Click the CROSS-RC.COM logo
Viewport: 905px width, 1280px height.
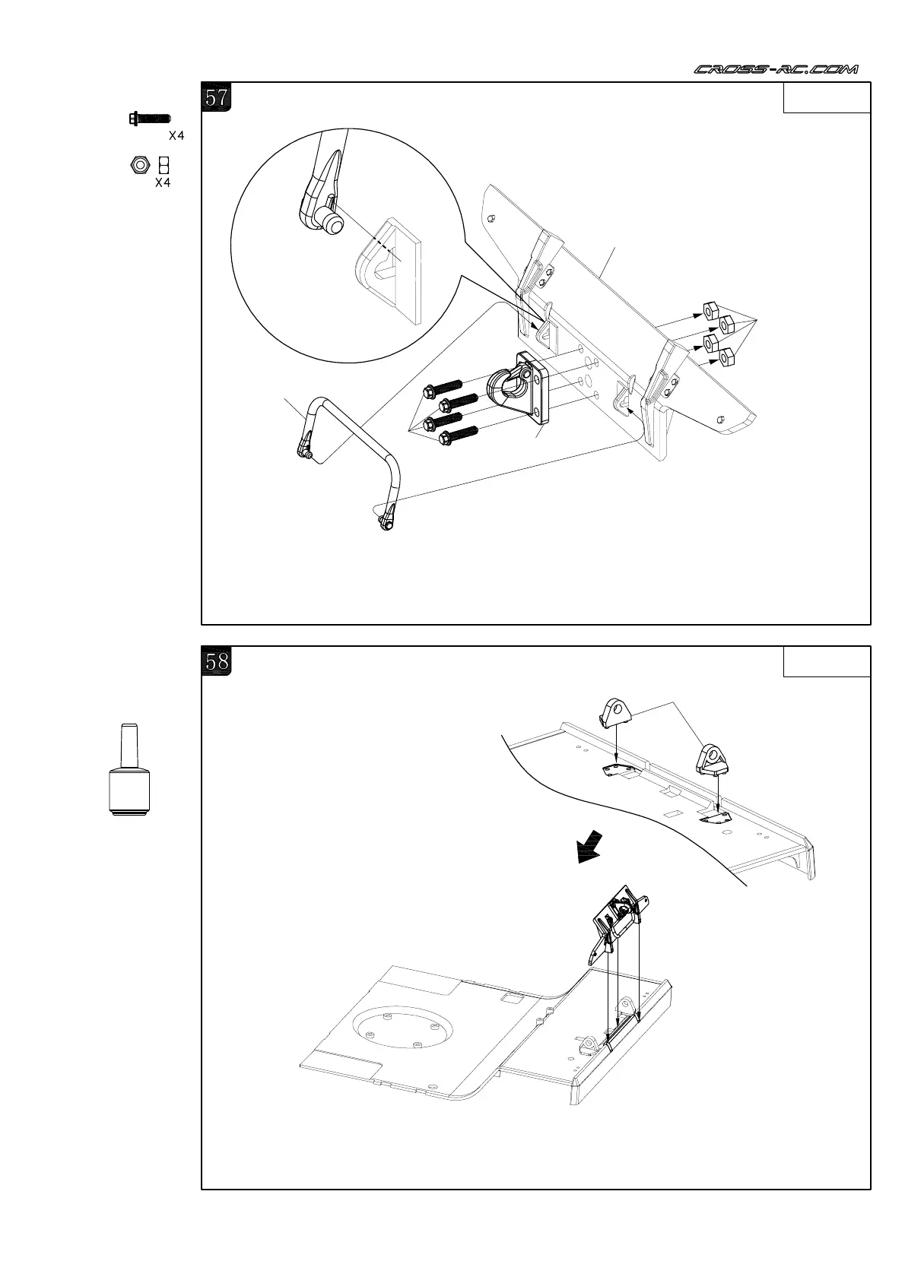pos(776,69)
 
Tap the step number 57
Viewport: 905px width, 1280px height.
pos(217,97)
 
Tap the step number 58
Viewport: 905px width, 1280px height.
pos(217,661)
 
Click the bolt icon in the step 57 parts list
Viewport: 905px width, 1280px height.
pos(150,119)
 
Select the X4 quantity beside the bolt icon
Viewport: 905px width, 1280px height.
pos(176,136)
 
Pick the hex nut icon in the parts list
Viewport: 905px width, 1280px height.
pos(139,165)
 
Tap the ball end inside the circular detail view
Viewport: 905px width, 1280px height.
pos(332,223)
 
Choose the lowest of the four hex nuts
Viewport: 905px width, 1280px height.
pos(726,356)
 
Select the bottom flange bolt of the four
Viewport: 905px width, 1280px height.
pos(457,436)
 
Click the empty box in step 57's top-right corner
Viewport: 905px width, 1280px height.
pos(827,97)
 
